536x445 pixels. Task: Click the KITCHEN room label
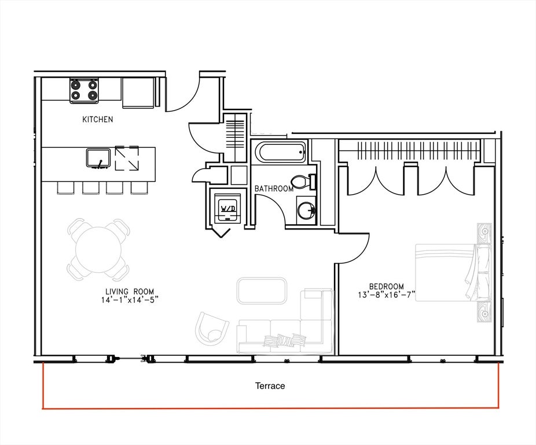click(97, 119)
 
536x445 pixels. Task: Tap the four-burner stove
click(84, 90)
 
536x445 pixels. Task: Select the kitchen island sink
click(98, 158)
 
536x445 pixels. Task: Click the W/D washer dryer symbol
click(227, 209)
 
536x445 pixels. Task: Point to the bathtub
click(280, 152)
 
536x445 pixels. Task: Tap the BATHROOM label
click(274, 189)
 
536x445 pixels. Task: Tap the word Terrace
click(270, 386)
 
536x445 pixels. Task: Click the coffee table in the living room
click(262, 291)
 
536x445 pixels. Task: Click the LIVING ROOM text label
click(130, 291)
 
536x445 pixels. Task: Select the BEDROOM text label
click(386, 286)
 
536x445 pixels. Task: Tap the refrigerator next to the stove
click(139, 93)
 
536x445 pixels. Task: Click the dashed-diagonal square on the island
click(127, 158)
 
